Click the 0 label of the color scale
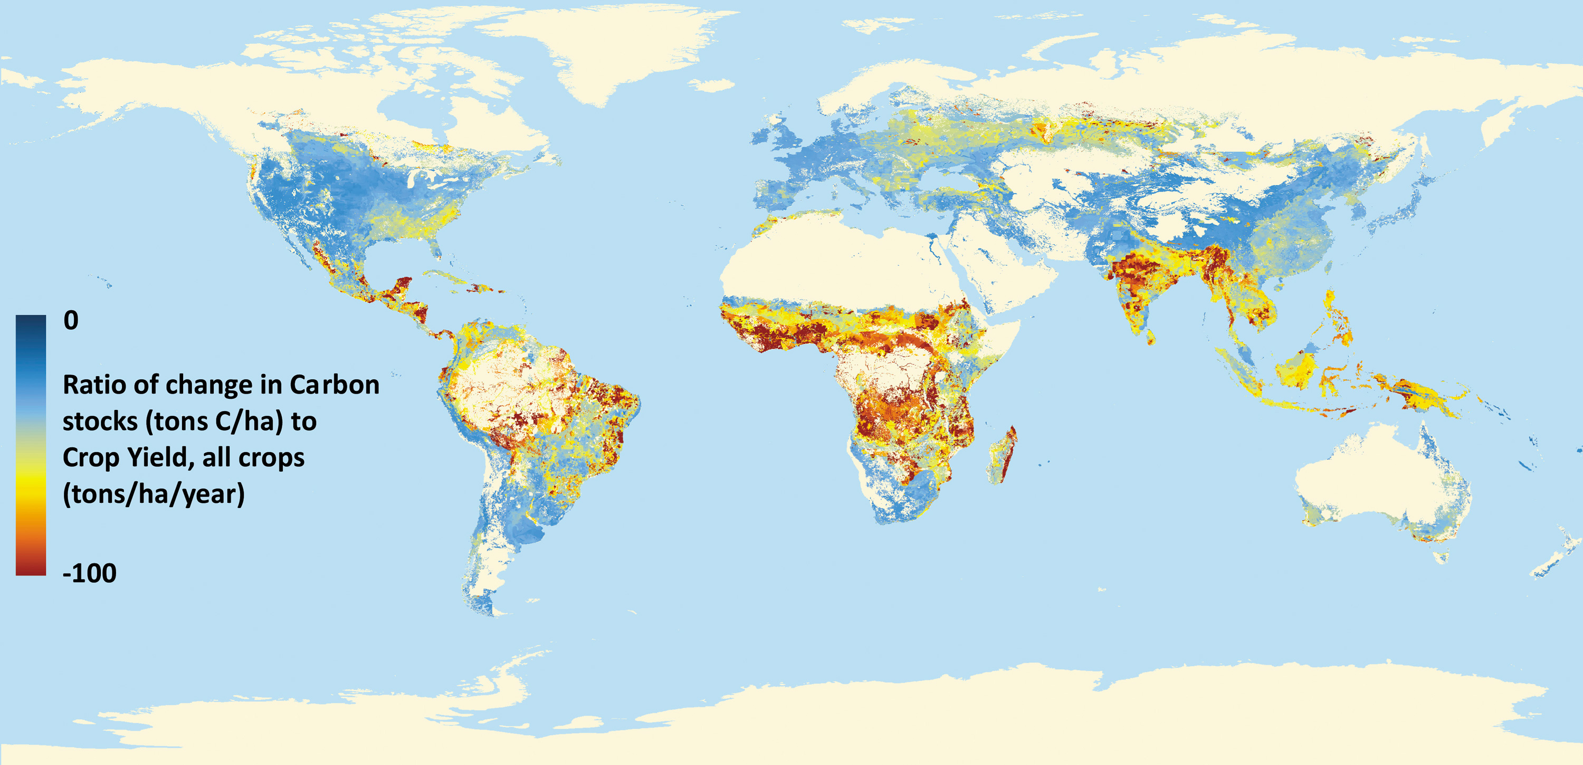[71, 320]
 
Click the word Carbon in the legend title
[335, 385]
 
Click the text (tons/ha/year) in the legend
[154, 494]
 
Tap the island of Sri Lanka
[1150, 336]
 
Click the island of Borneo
[1296, 369]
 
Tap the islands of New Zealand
[1555, 556]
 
